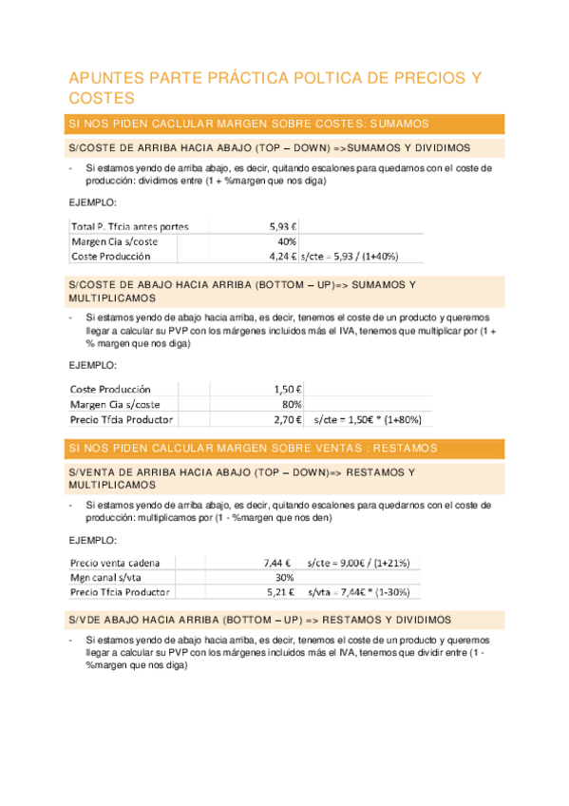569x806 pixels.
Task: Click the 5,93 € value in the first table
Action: click(283, 226)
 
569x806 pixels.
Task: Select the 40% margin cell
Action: click(287, 241)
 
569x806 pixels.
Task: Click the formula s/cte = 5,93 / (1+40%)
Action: click(350, 257)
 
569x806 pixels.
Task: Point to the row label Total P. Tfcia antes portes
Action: click(129, 226)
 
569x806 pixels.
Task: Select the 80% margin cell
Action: click(292, 404)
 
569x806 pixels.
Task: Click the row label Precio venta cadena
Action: click(116, 562)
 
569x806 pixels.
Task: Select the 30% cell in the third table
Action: click(284, 577)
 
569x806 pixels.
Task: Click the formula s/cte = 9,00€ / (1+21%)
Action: click(358, 562)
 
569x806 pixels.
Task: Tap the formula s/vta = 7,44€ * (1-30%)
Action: click(358, 592)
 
